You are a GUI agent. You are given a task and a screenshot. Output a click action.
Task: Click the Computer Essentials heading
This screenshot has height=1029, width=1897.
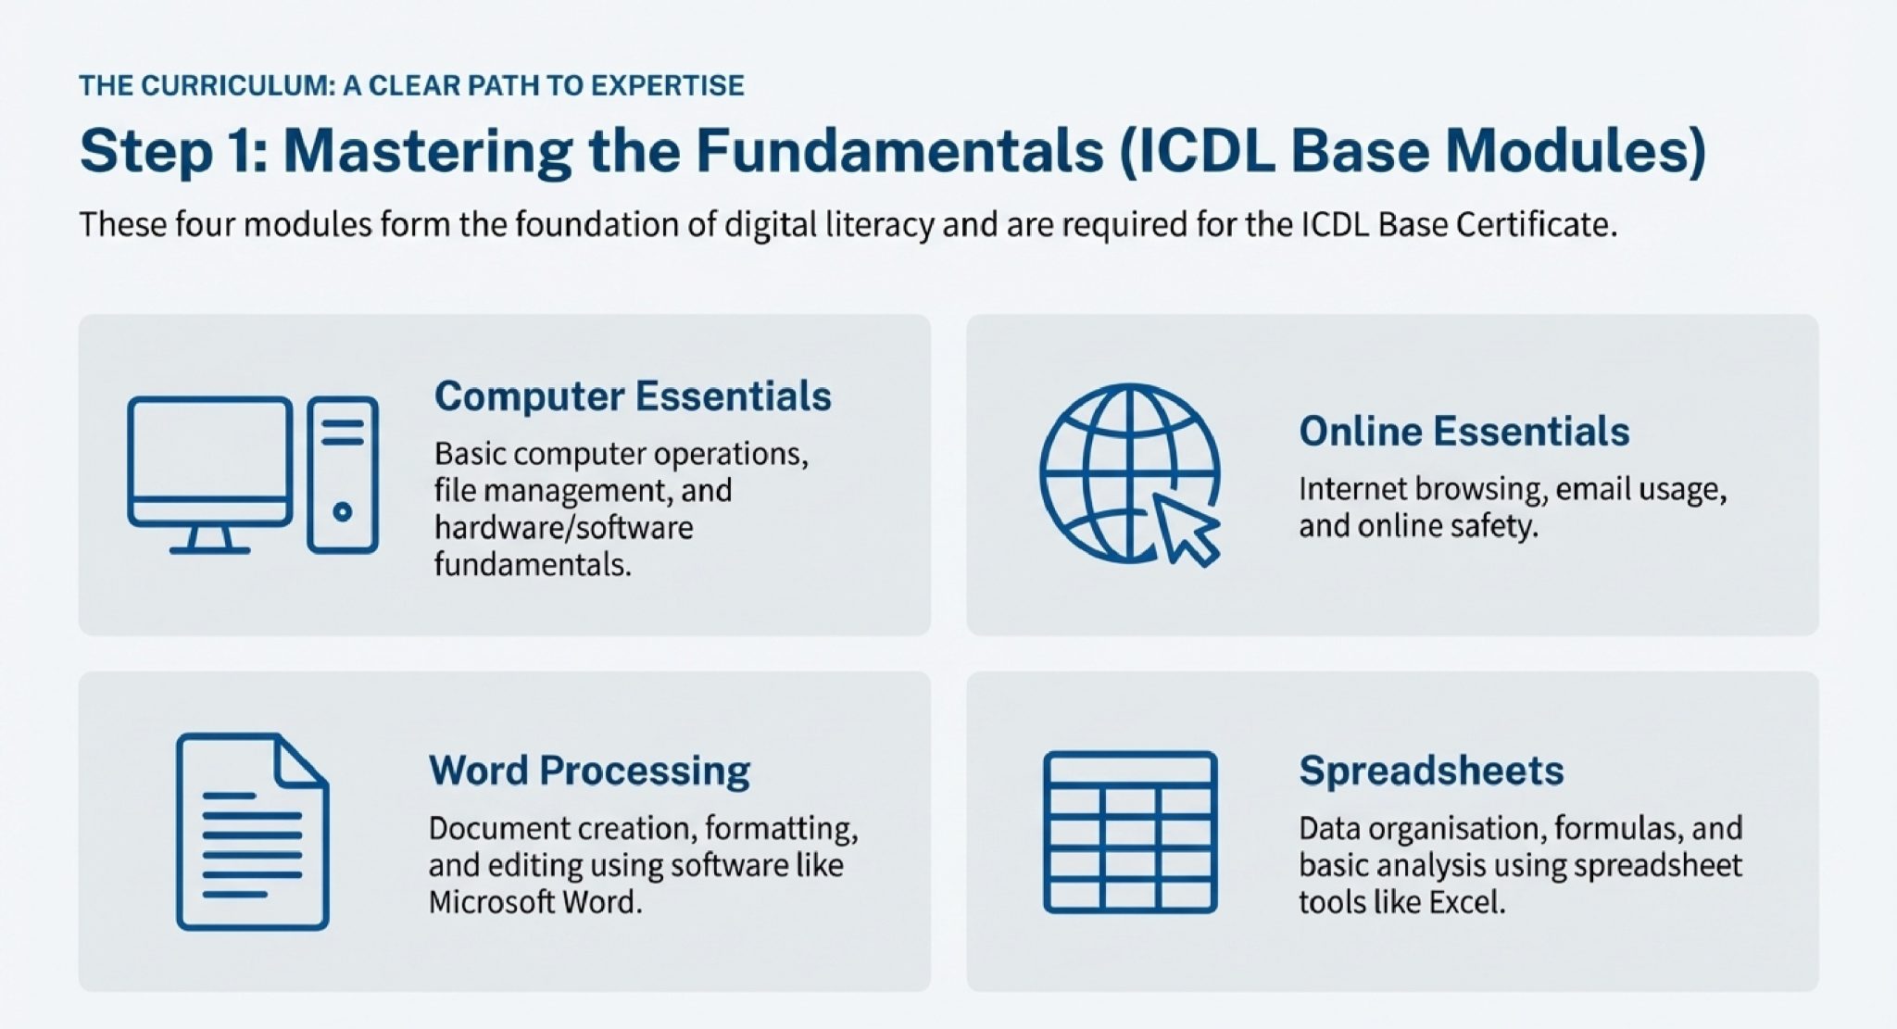click(633, 396)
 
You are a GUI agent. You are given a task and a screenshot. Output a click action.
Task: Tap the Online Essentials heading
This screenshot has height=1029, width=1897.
click(1464, 432)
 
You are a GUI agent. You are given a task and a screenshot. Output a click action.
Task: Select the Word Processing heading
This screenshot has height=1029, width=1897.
click(589, 771)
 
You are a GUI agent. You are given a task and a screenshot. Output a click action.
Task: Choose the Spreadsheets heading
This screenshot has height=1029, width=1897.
click(1431, 771)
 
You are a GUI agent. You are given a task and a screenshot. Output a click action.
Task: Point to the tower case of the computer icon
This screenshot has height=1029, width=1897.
click(343, 475)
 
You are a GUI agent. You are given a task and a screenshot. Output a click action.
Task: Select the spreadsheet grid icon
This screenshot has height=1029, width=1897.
click(1130, 832)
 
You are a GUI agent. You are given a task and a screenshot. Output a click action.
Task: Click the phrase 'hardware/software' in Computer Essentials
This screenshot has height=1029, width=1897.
click(563, 528)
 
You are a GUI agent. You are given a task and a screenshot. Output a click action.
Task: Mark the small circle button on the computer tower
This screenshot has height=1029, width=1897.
click(342, 511)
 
